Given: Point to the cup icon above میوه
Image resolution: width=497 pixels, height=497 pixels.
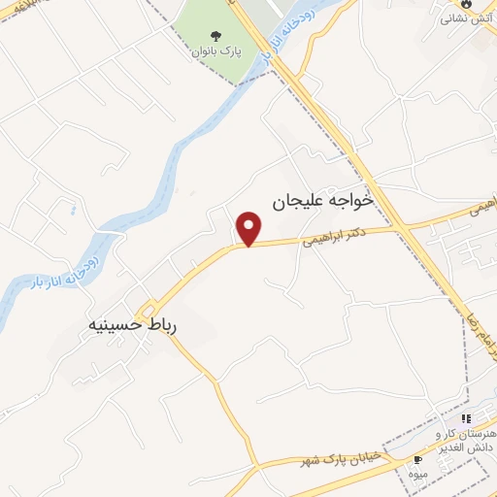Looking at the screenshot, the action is click(x=416, y=459).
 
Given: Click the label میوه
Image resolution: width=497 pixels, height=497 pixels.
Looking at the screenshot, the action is click(x=416, y=473).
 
